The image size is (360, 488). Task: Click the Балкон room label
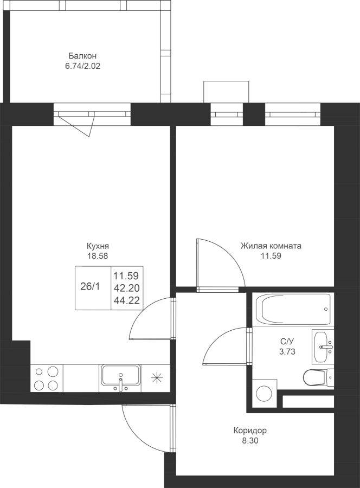pyautogui.click(x=82, y=56)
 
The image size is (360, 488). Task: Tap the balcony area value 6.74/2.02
pyautogui.click(x=82, y=66)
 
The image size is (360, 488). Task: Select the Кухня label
pyautogui.click(x=98, y=246)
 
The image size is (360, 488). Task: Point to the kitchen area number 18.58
pyautogui.click(x=98, y=256)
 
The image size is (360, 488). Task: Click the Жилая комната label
pyautogui.click(x=271, y=246)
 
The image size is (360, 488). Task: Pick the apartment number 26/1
pyautogui.click(x=90, y=287)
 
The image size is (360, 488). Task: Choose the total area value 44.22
pyautogui.click(x=126, y=300)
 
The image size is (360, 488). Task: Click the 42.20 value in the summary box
pyautogui.click(x=126, y=288)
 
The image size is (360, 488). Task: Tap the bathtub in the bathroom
pyautogui.click(x=293, y=310)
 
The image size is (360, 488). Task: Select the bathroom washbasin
pyautogui.click(x=323, y=346)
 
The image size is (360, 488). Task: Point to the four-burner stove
pyautogui.click(x=47, y=378)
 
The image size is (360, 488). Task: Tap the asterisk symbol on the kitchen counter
pyautogui.click(x=157, y=377)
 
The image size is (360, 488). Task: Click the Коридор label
pyautogui.click(x=250, y=431)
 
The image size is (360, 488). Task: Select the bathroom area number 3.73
pyautogui.click(x=287, y=352)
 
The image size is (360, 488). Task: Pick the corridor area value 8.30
pyautogui.click(x=250, y=441)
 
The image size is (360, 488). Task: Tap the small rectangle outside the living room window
pyautogui.click(x=226, y=92)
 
